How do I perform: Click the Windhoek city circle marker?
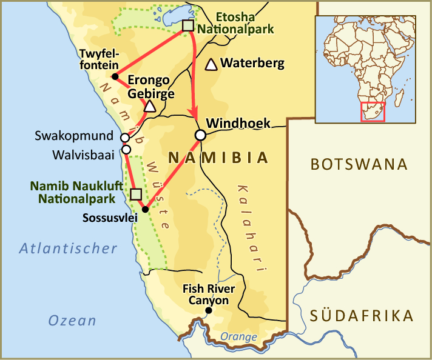coord(200,135)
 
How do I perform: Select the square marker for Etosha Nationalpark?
coord(188,25)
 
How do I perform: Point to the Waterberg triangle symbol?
coord(211,64)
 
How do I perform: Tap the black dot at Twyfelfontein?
coord(115,76)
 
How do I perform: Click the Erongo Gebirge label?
coord(151,87)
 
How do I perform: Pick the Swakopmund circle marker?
coord(125,137)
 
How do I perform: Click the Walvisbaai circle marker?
coord(126,149)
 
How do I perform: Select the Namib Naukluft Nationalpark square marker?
coord(136,194)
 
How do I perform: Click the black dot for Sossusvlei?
coord(145,210)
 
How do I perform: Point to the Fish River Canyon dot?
coord(209,311)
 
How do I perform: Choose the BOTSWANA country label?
coord(358,164)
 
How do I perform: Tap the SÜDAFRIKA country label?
coord(362,315)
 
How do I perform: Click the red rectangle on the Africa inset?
coord(373,112)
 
